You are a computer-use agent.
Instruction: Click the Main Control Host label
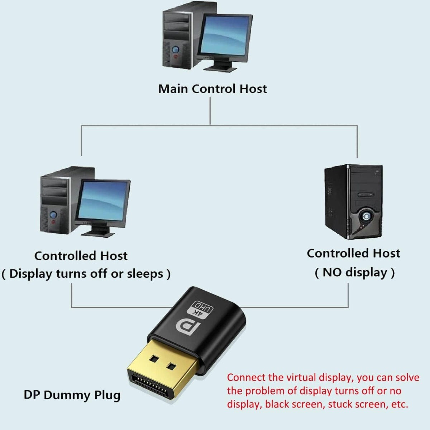click(x=212, y=89)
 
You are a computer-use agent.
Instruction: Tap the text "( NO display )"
click(x=354, y=272)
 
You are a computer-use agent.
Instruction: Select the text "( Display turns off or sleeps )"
click(x=86, y=274)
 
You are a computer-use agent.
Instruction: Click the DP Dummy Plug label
click(x=72, y=395)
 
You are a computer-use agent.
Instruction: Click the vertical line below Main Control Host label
click(x=210, y=111)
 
